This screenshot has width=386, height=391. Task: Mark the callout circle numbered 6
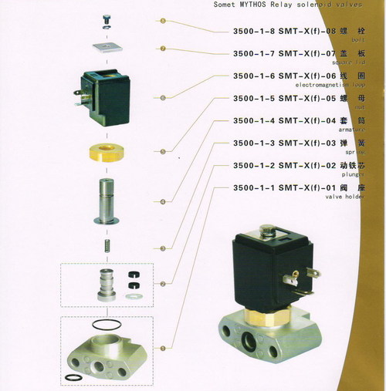(x=161, y=98)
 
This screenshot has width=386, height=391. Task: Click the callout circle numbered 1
(x=161, y=349)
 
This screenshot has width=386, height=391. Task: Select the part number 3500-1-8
(x=256, y=31)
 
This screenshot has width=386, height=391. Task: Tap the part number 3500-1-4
(x=256, y=121)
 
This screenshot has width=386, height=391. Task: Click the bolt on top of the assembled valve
(x=269, y=230)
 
